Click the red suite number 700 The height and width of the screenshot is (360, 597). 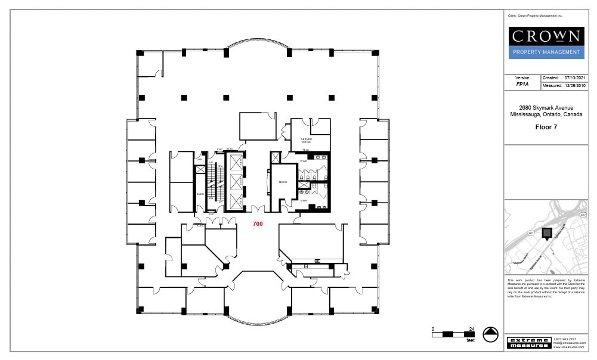tap(258, 224)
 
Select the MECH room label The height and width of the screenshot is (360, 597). tap(283, 182)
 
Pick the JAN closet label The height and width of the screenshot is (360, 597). tap(200, 160)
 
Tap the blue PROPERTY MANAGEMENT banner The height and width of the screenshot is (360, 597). tap(546, 52)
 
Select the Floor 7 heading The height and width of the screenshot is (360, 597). tap(546, 127)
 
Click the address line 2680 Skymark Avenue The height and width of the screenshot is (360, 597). tap(546, 107)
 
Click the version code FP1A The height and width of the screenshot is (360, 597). tap(522, 85)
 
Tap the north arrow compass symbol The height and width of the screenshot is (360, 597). tap(490, 335)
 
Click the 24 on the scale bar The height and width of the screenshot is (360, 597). tap(471, 329)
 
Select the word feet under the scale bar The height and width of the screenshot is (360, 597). tap(471, 341)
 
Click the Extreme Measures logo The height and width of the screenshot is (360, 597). tap(529, 343)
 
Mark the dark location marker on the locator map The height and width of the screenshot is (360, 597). tap(546, 232)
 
